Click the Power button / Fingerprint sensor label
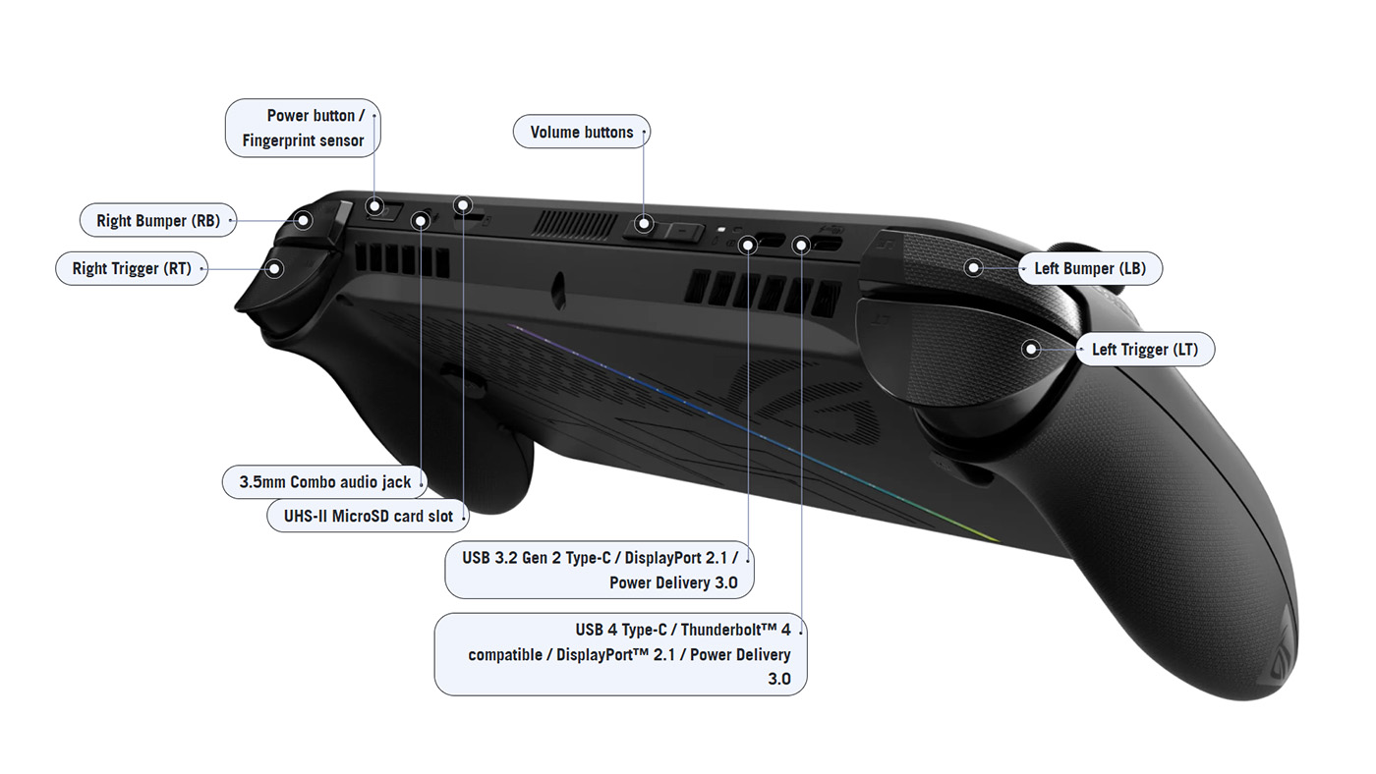click(303, 128)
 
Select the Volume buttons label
click(581, 133)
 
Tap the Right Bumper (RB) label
click(157, 220)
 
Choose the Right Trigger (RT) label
click(132, 268)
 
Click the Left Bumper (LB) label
click(1090, 268)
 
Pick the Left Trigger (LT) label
click(1145, 349)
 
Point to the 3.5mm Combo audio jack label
click(325, 481)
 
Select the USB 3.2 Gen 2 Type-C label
click(600, 570)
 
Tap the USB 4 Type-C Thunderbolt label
click(620, 654)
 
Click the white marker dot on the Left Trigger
click(1031, 349)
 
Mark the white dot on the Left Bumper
click(973, 267)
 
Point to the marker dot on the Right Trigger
click(275, 267)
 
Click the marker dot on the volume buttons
click(644, 224)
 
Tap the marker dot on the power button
click(374, 206)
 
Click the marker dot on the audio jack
click(421, 220)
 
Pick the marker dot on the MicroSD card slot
click(463, 205)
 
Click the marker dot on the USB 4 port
click(802, 243)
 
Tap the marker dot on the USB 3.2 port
click(749, 242)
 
